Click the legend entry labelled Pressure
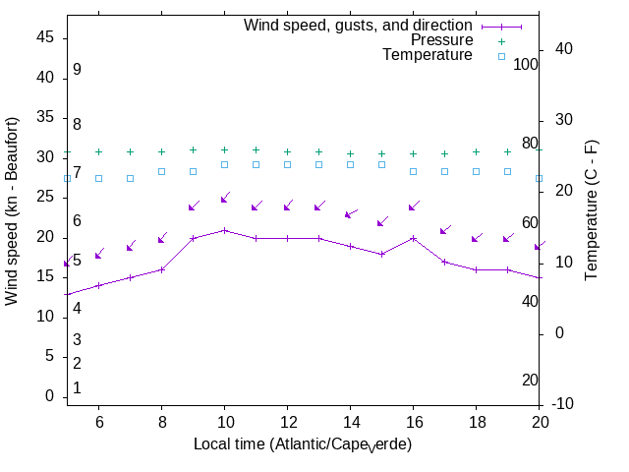[x=441, y=40]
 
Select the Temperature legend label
[x=428, y=55]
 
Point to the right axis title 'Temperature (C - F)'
[x=592, y=208]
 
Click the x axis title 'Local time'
[x=302, y=445]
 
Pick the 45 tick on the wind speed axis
[x=45, y=36]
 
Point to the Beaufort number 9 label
[x=77, y=70]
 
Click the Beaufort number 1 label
[x=77, y=388]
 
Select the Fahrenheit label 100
[x=527, y=64]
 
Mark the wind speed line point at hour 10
[x=224, y=230]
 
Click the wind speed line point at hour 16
[x=413, y=238]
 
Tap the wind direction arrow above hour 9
[x=194, y=206]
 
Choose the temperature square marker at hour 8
[x=161, y=171]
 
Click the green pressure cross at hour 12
[x=287, y=152]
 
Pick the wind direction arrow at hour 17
[x=445, y=230]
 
